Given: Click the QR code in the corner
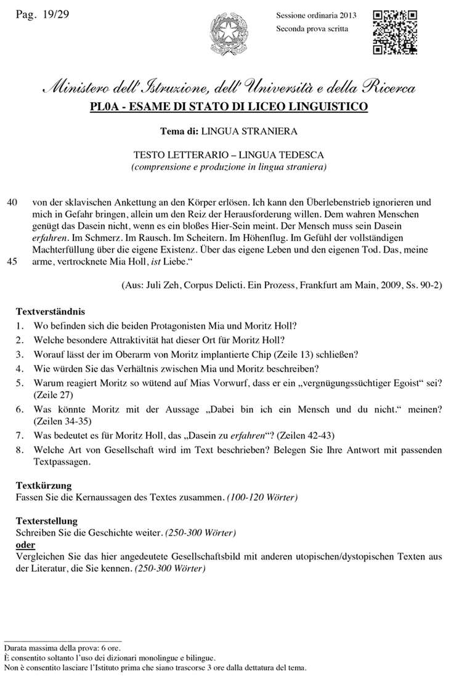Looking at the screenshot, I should [395, 34].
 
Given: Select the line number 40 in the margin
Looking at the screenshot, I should [11, 202].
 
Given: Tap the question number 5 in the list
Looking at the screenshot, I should [20, 383].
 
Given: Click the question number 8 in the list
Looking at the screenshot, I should [20, 449].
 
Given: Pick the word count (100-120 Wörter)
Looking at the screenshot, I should [262, 497].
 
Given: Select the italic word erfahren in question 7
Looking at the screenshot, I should [246, 436].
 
